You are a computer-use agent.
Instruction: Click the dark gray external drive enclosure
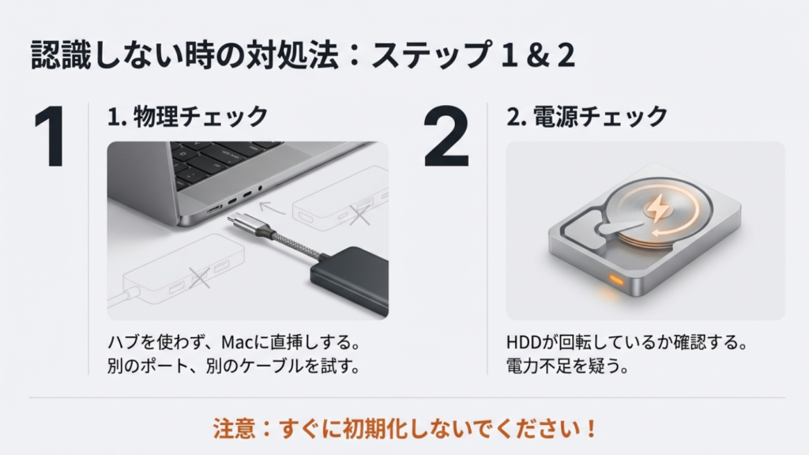[x=348, y=273]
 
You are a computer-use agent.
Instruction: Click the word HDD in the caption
[x=525, y=344]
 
